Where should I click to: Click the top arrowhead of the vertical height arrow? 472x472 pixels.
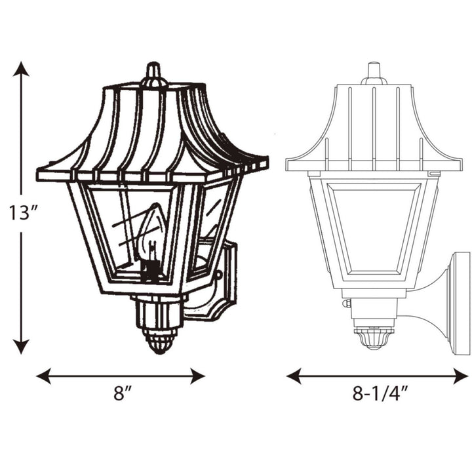tap(22, 69)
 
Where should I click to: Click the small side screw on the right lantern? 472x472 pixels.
tap(347, 303)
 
